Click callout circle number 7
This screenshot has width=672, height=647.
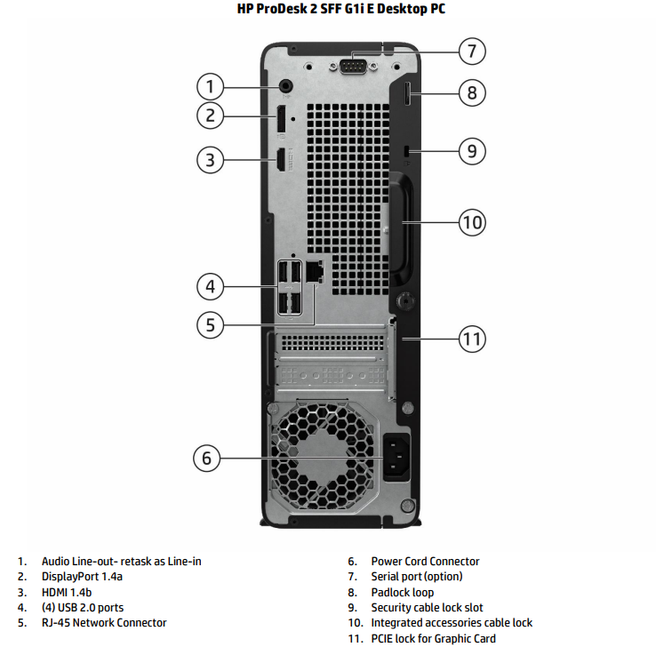click(472, 50)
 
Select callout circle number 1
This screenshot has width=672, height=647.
click(210, 86)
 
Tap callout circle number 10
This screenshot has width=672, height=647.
click(472, 221)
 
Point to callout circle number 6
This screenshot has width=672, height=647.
click(207, 459)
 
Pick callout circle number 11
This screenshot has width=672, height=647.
click(472, 339)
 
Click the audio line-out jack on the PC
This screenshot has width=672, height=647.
click(286, 85)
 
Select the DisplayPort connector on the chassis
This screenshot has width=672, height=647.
click(280, 122)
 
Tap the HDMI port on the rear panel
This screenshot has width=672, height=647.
click(280, 161)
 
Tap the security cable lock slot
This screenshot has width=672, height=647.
click(407, 153)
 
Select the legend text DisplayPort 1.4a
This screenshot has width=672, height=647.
click(82, 577)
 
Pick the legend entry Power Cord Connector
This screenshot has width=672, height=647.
click(425, 562)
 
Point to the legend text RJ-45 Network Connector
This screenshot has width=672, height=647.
click(104, 623)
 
